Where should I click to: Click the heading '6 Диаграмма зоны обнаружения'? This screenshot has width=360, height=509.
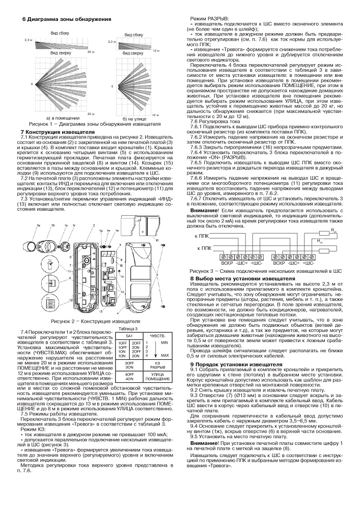click(x=67, y=19)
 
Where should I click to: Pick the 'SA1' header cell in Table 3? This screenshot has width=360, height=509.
click(x=129, y=336)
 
